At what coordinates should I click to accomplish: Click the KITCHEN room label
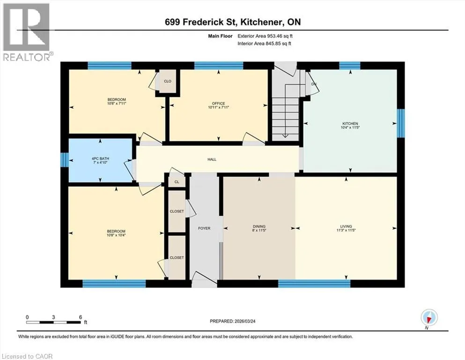point(350,123)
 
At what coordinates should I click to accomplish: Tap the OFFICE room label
point(218,104)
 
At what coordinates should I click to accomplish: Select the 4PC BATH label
point(100,159)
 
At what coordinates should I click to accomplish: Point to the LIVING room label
point(346,226)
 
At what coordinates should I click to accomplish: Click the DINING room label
point(259,226)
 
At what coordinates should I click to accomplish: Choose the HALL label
point(212,159)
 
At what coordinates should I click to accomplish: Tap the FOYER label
point(204,228)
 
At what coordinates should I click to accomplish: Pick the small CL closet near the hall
point(177,181)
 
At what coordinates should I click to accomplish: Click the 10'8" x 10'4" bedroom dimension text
point(116,235)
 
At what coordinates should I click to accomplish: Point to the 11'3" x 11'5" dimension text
point(346,230)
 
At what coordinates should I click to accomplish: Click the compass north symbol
point(429,318)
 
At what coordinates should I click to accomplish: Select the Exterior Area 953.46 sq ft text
point(265,36)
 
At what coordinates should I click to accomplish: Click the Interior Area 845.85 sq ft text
point(264,43)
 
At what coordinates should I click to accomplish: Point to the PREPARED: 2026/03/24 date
point(232,321)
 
